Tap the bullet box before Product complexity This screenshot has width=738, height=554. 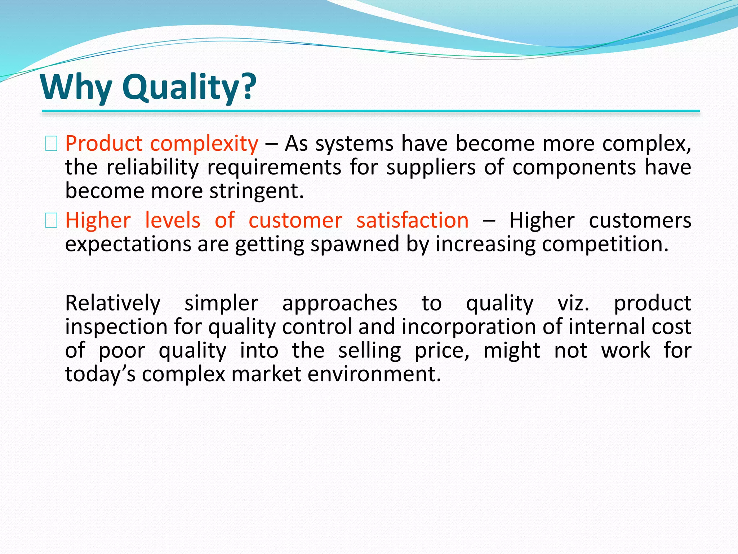[51, 144]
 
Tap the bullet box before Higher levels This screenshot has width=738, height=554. [51, 220]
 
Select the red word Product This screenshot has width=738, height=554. [104, 144]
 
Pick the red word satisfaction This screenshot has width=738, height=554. [412, 220]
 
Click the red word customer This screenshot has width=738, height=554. [295, 220]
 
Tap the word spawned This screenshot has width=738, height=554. [355, 245]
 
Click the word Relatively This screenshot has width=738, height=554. [113, 303]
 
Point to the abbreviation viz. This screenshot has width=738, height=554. [573, 303]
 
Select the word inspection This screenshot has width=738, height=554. [116, 327]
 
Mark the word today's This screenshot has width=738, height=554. [100, 374]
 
